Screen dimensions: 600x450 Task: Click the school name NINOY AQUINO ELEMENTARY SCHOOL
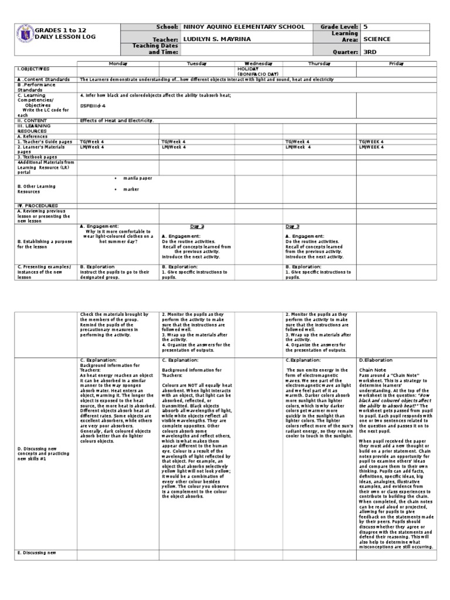(x=244, y=27)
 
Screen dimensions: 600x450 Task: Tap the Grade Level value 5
(x=366, y=27)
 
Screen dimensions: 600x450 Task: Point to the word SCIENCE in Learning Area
(x=377, y=39)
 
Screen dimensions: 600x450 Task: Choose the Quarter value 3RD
(x=370, y=52)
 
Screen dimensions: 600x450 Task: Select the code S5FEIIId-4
(x=93, y=105)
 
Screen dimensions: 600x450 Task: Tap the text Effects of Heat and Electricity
(x=117, y=120)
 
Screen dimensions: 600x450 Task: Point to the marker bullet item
(x=131, y=190)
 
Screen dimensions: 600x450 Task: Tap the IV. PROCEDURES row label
(x=37, y=206)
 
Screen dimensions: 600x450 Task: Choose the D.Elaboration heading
(x=376, y=360)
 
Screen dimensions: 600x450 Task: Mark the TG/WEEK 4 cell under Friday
(x=371, y=141)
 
